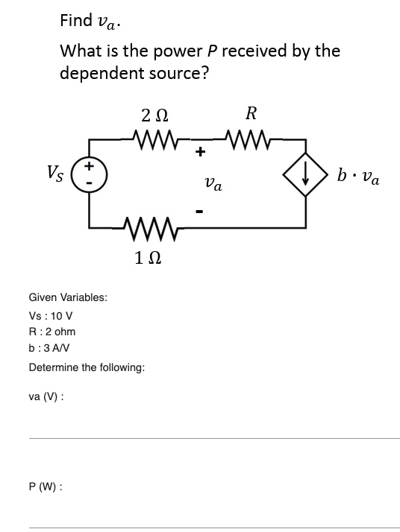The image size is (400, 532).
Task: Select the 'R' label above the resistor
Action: point(251,114)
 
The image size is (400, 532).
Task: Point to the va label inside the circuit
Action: point(213,183)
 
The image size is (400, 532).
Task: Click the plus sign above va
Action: point(200,153)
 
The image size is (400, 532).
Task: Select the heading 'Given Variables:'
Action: point(67,297)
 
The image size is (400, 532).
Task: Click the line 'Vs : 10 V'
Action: point(50,315)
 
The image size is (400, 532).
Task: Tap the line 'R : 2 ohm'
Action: point(51,332)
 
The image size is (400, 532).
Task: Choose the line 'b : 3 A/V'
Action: point(51,348)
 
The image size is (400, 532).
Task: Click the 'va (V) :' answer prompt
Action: point(46,396)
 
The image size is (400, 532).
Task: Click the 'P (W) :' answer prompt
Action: point(45,486)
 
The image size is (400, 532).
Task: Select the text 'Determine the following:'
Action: point(86,367)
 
